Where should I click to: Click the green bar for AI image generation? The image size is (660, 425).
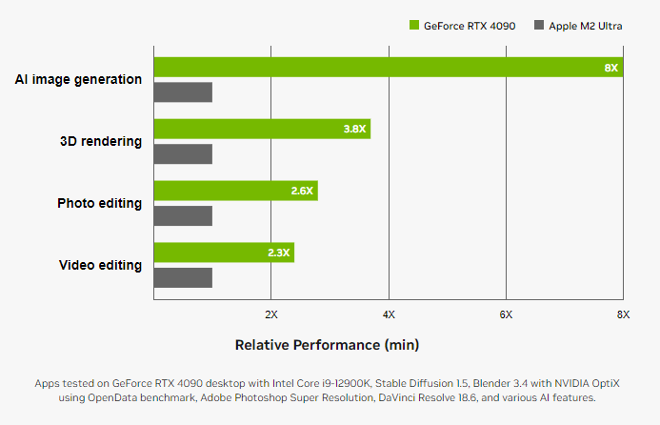pos(381,68)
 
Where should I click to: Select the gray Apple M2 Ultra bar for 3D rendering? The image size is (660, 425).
pos(183,154)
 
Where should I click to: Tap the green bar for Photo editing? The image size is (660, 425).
pos(235,191)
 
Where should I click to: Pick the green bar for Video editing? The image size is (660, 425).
pos(224,253)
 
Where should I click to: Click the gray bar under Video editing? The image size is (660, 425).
pos(183,277)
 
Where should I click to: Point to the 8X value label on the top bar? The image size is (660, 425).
pos(610,68)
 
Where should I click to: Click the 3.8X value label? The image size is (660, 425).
pos(354,130)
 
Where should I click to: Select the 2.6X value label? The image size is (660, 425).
pos(302,191)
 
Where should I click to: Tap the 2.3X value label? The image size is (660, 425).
pos(278,253)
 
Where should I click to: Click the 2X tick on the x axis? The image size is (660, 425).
pos(270,314)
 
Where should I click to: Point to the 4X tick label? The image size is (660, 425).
pos(389,314)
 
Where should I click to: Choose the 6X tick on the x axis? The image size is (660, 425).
pos(506,314)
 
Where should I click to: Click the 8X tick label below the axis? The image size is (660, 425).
pos(623,314)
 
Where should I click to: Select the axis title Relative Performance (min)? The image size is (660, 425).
pos(327,343)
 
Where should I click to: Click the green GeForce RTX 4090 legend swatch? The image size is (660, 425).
pos(414,26)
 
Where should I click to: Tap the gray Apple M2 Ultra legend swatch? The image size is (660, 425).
pos(539,26)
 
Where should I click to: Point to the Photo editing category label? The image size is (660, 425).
pos(99,203)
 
